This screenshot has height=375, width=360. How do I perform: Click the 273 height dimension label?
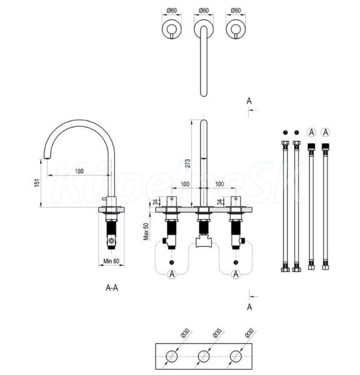[x=187, y=163]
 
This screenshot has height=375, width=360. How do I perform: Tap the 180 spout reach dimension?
[x=79, y=171]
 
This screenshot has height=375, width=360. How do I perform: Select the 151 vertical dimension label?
[x=37, y=182]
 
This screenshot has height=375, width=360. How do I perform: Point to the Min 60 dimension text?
[x=111, y=261]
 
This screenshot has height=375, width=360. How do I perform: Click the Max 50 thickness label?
[x=146, y=231]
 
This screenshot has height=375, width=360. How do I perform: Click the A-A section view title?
[x=112, y=287]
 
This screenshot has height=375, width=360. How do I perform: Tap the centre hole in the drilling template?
[x=204, y=356]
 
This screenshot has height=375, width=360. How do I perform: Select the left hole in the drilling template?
[x=172, y=356]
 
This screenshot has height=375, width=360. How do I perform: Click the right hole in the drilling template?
[x=236, y=356]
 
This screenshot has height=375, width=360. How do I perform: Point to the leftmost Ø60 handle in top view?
[x=172, y=29]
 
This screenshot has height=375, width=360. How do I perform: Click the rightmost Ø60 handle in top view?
[x=236, y=29]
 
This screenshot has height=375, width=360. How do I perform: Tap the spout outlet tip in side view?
[x=47, y=157]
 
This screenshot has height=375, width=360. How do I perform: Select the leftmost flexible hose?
[x=286, y=206]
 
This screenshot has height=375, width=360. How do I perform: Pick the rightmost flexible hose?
[x=326, y=206]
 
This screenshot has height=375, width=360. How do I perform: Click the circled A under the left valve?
[x=172, y=274]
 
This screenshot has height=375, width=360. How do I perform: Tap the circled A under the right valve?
[x=236, y=274]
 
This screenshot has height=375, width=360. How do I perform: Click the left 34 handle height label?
[x=156, y=202]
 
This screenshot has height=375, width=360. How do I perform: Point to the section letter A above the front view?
[x=249, y=101]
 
